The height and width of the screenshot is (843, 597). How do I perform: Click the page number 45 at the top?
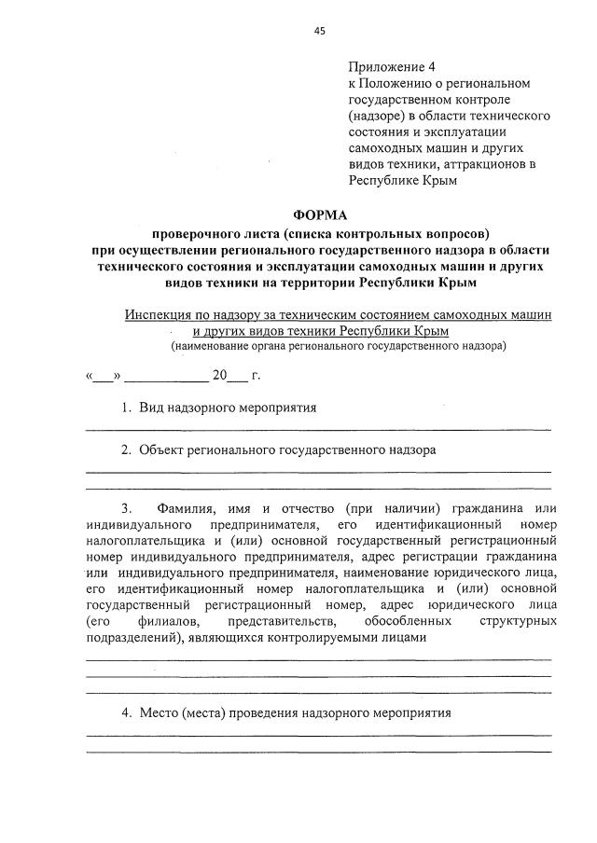pos(320,31)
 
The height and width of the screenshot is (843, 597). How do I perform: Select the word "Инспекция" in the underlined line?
pos(156,315)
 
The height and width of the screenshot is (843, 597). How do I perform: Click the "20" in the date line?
pos(219,376)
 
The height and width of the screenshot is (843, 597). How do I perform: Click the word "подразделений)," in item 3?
pos(132,637)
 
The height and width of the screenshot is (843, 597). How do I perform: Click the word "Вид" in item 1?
pos(151,408)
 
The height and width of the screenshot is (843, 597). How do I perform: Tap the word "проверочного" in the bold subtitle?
pos(196,233)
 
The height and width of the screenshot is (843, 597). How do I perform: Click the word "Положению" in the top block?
pos(396,83)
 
